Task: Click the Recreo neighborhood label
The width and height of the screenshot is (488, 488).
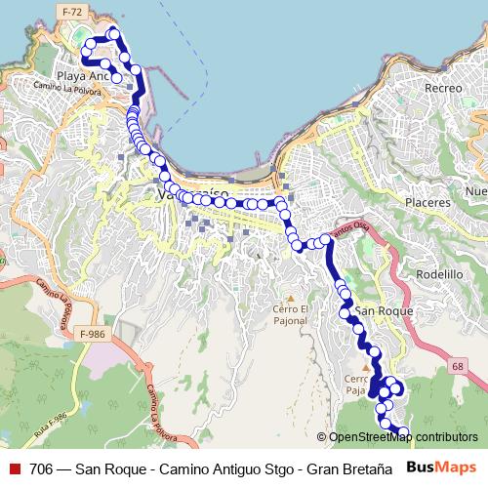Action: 443,88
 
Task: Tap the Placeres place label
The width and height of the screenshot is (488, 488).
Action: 429,202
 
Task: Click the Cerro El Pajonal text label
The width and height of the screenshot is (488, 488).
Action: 290,315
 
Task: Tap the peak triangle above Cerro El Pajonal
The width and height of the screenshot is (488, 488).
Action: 290,297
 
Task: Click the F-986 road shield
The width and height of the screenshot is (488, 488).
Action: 93,334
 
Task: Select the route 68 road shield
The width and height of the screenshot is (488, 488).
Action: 458,367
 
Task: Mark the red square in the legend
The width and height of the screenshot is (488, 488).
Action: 15,468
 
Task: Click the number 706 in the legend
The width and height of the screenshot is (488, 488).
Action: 42,468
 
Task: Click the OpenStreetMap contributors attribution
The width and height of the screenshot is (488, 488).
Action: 402,436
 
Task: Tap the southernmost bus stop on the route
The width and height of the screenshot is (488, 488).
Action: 403,431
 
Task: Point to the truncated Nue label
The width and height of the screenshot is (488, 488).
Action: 475,190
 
